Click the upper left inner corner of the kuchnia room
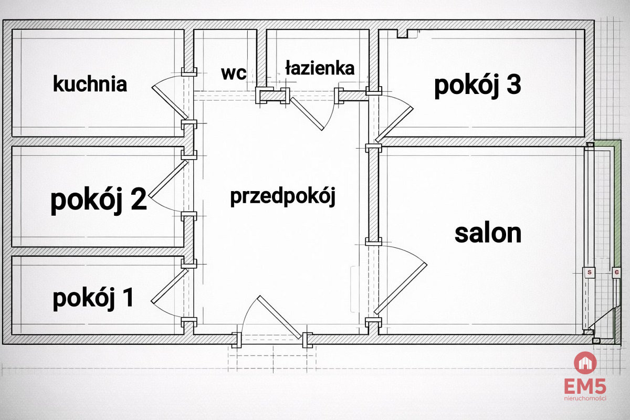click(13, 30)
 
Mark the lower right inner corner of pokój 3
click(584, 136)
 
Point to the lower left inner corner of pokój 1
click(13, 334)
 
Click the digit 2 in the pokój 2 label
click(139, 199)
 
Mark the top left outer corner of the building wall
click(3, 20)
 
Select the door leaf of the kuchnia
click(170, 102)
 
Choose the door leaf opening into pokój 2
click(168, 179)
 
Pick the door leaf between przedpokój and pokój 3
click(394, 124)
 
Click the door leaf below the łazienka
click(307, 113)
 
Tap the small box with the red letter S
click(590, 272)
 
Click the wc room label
click(234, 73)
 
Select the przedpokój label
click(283, 196)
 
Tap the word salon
click(488, 234)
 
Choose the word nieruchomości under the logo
click(585, 398)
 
